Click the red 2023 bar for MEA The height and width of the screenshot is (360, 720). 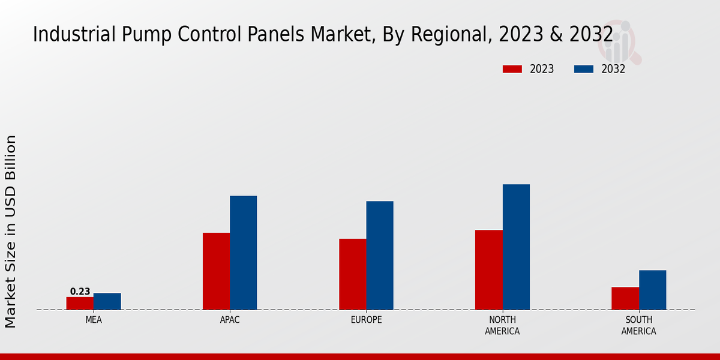[80, 303]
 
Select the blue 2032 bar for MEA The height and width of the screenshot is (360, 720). [107, 301]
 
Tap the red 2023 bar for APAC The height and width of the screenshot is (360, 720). [216, 271]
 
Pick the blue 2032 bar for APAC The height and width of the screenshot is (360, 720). [244, 253]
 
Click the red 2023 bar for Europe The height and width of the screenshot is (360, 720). [353, 274]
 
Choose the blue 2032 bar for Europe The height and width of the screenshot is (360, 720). [380, 256]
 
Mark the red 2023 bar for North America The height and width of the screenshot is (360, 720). [489, 270]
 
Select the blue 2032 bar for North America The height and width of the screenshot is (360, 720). [516, 247]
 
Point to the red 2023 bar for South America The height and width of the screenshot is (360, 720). [625, 298]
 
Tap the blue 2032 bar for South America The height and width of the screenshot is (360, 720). [653, 290]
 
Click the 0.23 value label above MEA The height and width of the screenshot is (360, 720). [80, 292]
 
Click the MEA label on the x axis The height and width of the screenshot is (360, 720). [94, 320]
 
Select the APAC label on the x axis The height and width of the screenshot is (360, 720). [230, 320]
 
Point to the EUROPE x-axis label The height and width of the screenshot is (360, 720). [366, 320]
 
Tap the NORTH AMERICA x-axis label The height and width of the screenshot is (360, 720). [503, 325]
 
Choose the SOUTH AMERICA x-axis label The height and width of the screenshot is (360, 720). [639, 325]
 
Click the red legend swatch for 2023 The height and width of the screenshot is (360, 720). [512, 69]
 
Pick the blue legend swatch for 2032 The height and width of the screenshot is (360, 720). [584, 69]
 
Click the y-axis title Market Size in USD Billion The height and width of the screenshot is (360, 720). [11, 231]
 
